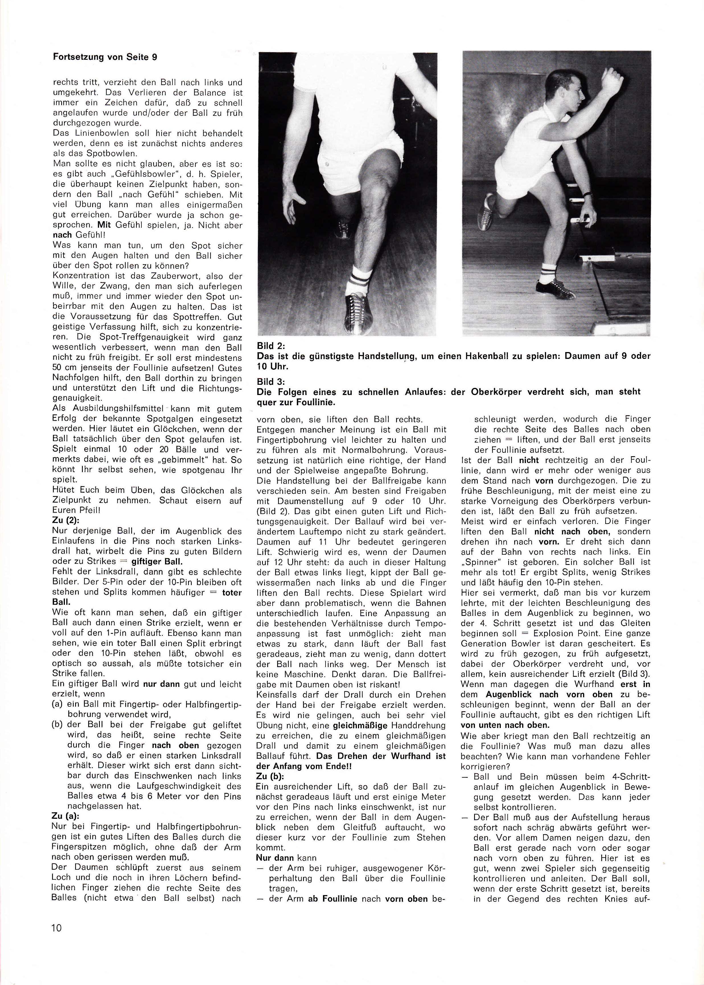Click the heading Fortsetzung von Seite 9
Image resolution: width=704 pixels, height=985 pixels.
point(104,57)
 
